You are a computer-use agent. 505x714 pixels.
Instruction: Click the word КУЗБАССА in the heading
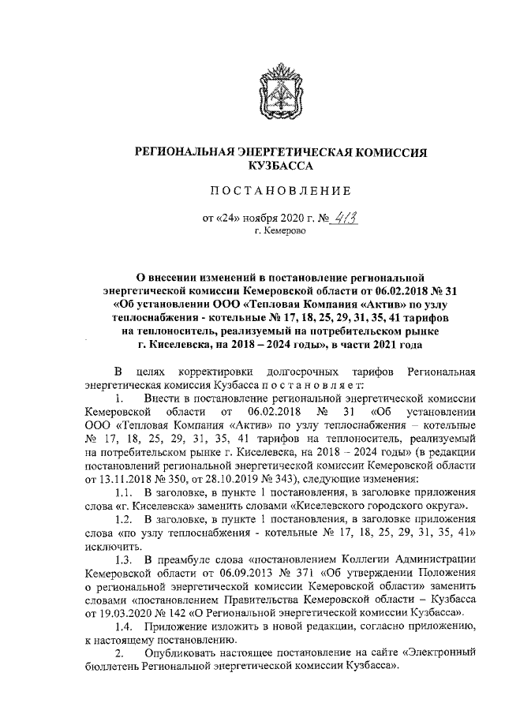[282, 166]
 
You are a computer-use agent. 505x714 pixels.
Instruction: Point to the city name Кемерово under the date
[281, 234]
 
